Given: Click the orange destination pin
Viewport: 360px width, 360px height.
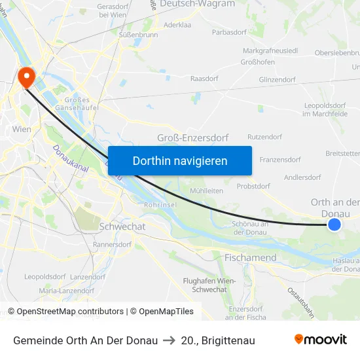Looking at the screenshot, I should click(27, 77).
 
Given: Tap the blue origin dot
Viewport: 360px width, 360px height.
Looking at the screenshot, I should click(334, 225).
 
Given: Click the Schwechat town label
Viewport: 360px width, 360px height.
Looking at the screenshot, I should click(122, 226).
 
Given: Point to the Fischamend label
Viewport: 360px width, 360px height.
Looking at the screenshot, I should click(250, 258).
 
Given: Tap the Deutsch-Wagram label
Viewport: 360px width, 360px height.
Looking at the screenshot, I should click(197, 4).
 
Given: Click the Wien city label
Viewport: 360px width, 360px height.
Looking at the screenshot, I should click(22, 130).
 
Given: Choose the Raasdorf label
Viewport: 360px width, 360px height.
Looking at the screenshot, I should click(203, 78).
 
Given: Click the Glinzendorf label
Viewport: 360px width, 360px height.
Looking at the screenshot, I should click(277, 80).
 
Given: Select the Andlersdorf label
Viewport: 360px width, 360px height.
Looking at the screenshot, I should click(302, 177).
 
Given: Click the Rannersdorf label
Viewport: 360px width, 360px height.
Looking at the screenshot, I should click(113, 245).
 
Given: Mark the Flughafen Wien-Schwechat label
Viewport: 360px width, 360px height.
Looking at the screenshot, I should click(209, 285).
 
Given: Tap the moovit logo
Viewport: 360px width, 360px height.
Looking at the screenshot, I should click(320, 340).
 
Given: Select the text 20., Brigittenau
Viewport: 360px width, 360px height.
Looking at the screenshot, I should click(218, 340).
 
